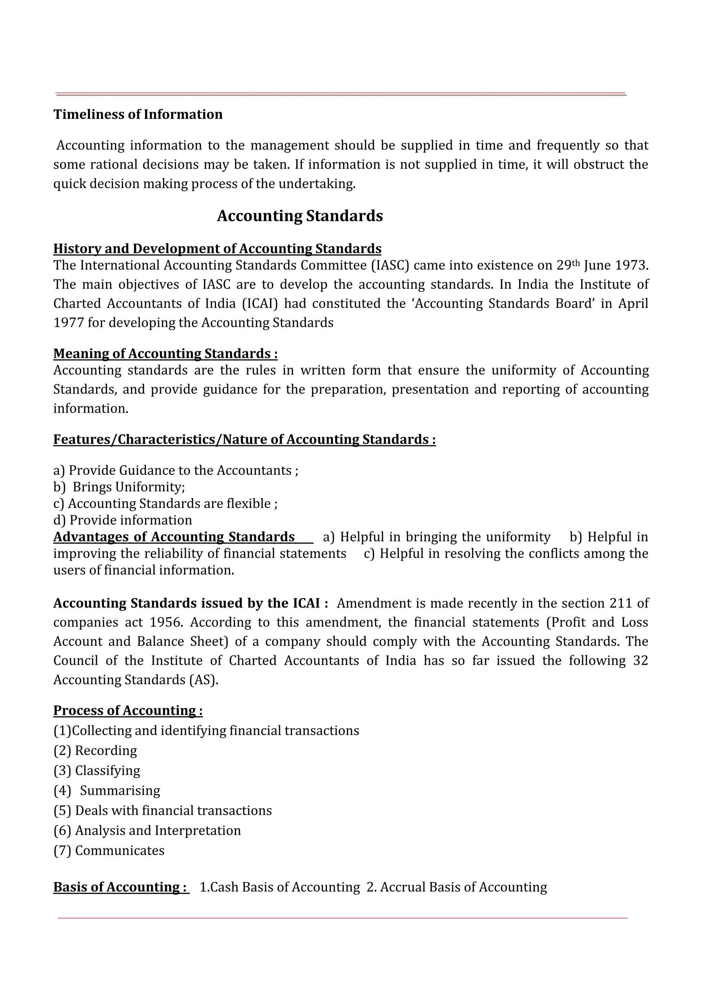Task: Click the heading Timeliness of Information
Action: pos(138,114)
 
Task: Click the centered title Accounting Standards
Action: pos(300,216)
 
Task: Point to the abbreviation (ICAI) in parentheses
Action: pos(260,304)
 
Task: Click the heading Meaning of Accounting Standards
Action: pos(165,354)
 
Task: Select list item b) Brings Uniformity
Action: pos(119,487)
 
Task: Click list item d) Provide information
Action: pos(123,520)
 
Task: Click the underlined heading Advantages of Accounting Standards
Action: pos(174,537)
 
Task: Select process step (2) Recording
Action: pos(95,751)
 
